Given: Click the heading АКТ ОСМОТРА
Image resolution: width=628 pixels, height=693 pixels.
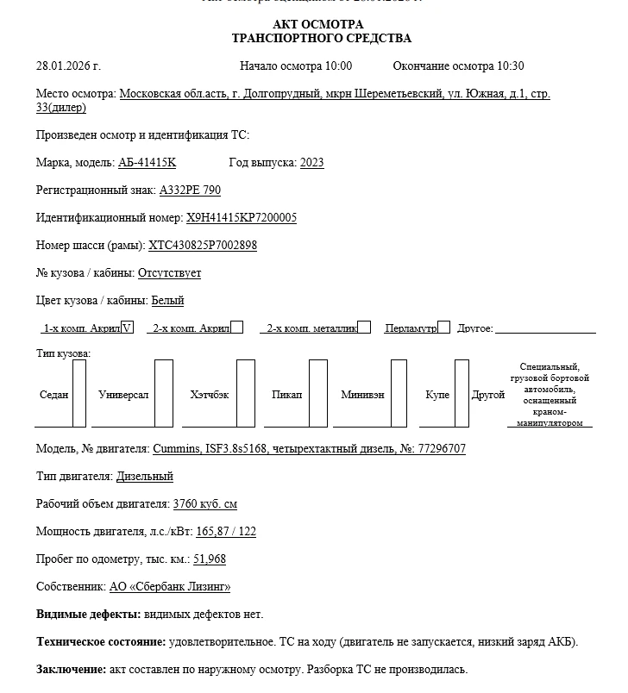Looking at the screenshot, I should click(317, 24).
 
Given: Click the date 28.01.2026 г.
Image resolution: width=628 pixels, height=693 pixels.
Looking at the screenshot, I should click(68, 66).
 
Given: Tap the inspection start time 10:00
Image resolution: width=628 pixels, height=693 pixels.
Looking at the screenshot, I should click(337, 66).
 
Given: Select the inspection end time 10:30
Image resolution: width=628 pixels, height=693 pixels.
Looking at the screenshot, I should click(509, 66).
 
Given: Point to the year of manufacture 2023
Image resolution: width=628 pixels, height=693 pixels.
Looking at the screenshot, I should click(312, 163).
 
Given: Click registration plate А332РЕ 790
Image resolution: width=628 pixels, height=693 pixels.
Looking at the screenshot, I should click(190, 190).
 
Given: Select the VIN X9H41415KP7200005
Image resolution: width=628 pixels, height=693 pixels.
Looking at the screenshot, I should click(242, 218).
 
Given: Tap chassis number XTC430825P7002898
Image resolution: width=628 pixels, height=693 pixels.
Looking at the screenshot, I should click(203, 246).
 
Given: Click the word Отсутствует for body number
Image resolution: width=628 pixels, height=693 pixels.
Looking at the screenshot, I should click(169, 273).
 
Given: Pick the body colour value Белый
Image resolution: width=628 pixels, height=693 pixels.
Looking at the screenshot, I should click(167, 301).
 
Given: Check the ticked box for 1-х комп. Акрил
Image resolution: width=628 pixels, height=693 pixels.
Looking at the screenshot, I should click(128, 328).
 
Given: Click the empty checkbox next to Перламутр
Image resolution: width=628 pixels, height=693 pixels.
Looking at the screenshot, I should click(443, 328).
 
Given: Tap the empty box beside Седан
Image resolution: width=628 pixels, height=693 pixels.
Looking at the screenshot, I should click(79, 394).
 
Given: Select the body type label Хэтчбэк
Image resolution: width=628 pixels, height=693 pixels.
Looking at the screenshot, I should click(210, 395).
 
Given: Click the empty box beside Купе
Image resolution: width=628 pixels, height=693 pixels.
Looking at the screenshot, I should click(462, 394).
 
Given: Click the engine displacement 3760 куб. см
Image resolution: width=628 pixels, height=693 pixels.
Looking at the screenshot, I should click(205, 504).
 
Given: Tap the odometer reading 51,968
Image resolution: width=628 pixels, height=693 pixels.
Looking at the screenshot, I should click(210, 559).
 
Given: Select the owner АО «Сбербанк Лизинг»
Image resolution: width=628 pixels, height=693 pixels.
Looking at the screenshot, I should click(170, 587).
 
